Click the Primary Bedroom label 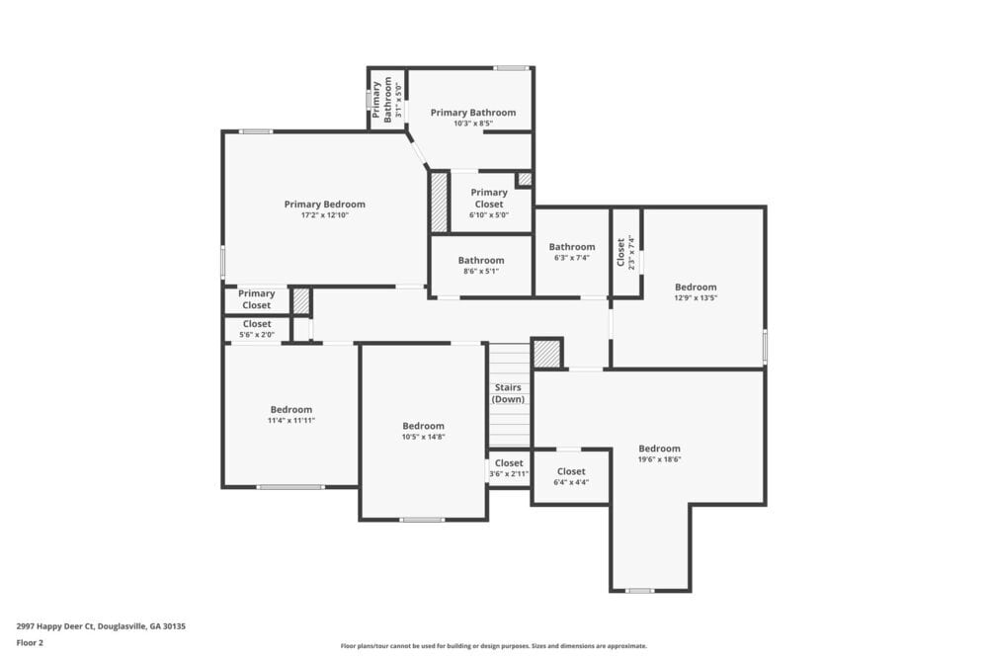[324, 205]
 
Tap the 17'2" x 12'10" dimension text [324, 215]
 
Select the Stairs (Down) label [509, 393]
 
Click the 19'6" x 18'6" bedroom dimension [659, 459]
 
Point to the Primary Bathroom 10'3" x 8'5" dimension [472, 124]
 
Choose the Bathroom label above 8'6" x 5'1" [480, 260]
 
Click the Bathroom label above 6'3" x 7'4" [572, 247]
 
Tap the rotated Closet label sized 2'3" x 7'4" [620, 252]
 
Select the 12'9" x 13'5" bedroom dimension [695, 297]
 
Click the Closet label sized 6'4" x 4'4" [570, 471]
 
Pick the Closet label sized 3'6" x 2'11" [509, 463]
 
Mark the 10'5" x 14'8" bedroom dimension [423, 437]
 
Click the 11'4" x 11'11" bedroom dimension [290, 420]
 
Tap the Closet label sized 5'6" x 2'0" [257, 323]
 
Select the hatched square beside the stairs [546, 354]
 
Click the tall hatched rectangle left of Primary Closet [440, 203]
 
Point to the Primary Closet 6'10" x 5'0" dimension [488, 215]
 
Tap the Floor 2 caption [30, 642]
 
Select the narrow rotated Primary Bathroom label [387, 98]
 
